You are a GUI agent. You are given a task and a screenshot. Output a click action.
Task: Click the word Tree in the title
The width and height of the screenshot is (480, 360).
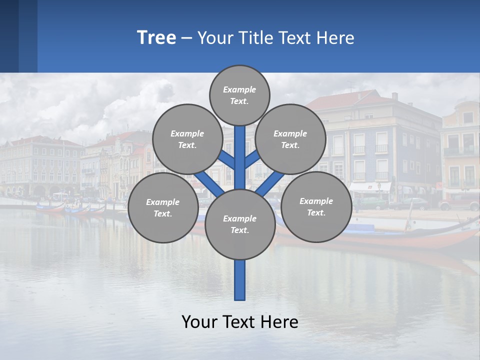click(156, 38)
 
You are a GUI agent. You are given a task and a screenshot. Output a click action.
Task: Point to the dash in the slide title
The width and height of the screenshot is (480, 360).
click(186, 38)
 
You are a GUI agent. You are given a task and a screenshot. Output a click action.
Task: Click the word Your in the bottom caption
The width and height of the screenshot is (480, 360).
click(199, 322)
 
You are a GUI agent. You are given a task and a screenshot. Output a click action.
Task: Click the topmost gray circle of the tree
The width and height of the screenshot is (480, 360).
click(239, 95)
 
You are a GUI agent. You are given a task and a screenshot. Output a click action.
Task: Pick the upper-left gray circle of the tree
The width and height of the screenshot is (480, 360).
click(187, 139)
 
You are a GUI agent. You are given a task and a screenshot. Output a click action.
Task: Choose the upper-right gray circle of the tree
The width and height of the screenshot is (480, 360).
click(290, 139)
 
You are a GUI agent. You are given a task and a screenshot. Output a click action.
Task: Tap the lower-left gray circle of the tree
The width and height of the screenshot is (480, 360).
click(163, 207)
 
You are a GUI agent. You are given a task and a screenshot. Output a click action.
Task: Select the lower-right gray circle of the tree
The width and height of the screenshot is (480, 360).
click(316, 206)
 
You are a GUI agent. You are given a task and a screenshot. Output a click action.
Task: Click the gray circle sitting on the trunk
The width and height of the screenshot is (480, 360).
click(240, 224)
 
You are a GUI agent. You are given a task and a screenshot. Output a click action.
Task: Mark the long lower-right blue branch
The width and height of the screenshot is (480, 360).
click(268, 183)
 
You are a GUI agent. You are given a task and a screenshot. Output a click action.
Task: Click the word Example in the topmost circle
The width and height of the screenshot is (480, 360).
click(239, 89)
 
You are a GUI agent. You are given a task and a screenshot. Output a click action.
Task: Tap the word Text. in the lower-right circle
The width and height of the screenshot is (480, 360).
click(316, 212)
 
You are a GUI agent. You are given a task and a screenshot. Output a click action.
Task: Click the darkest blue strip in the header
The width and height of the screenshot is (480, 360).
click(9, 36)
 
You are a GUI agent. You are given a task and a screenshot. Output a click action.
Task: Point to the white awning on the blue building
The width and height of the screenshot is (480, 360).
click(369, 186)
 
